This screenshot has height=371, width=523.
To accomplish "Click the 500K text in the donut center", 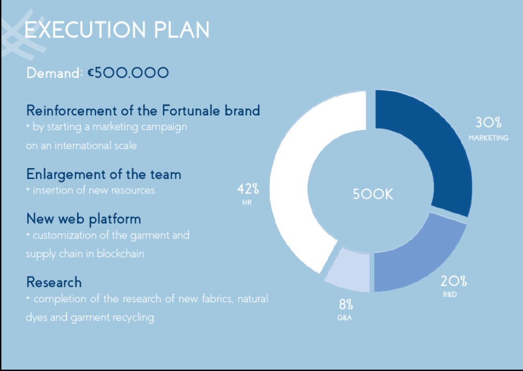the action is [373, 194].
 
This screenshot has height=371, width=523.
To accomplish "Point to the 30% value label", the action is [488, 123].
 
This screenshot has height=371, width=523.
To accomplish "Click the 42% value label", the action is [248, 189].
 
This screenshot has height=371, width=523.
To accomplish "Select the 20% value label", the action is [454, 281].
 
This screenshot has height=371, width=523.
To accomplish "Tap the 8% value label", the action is [346, 304].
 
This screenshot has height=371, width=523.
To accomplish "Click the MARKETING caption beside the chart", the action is [489, 138].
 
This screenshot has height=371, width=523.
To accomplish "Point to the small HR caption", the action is [247, 202].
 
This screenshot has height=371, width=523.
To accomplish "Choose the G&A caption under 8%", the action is [345, 318].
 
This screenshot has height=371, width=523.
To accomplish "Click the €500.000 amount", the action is [129, 73].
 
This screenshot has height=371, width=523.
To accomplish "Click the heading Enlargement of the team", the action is [104, 175].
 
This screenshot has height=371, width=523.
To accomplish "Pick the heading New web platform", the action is [84, 219].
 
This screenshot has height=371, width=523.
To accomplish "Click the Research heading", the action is [54, 282].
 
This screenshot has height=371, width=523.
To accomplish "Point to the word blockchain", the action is [121, 254].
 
